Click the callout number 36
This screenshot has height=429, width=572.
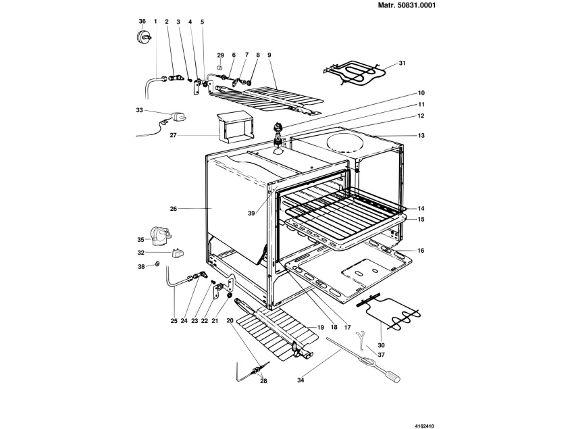(x=142, y=22)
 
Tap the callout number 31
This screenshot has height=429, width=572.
(x=402, y=64)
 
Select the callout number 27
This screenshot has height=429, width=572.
(x=174, y=136)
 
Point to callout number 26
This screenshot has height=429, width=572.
(x=174, y=209)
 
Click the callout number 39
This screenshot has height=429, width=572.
(x=251, y=213)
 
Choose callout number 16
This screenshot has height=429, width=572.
(x=421, y=251)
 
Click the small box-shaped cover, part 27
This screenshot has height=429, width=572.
(x=232, y=126)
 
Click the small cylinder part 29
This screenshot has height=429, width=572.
(x=221, y=68)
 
